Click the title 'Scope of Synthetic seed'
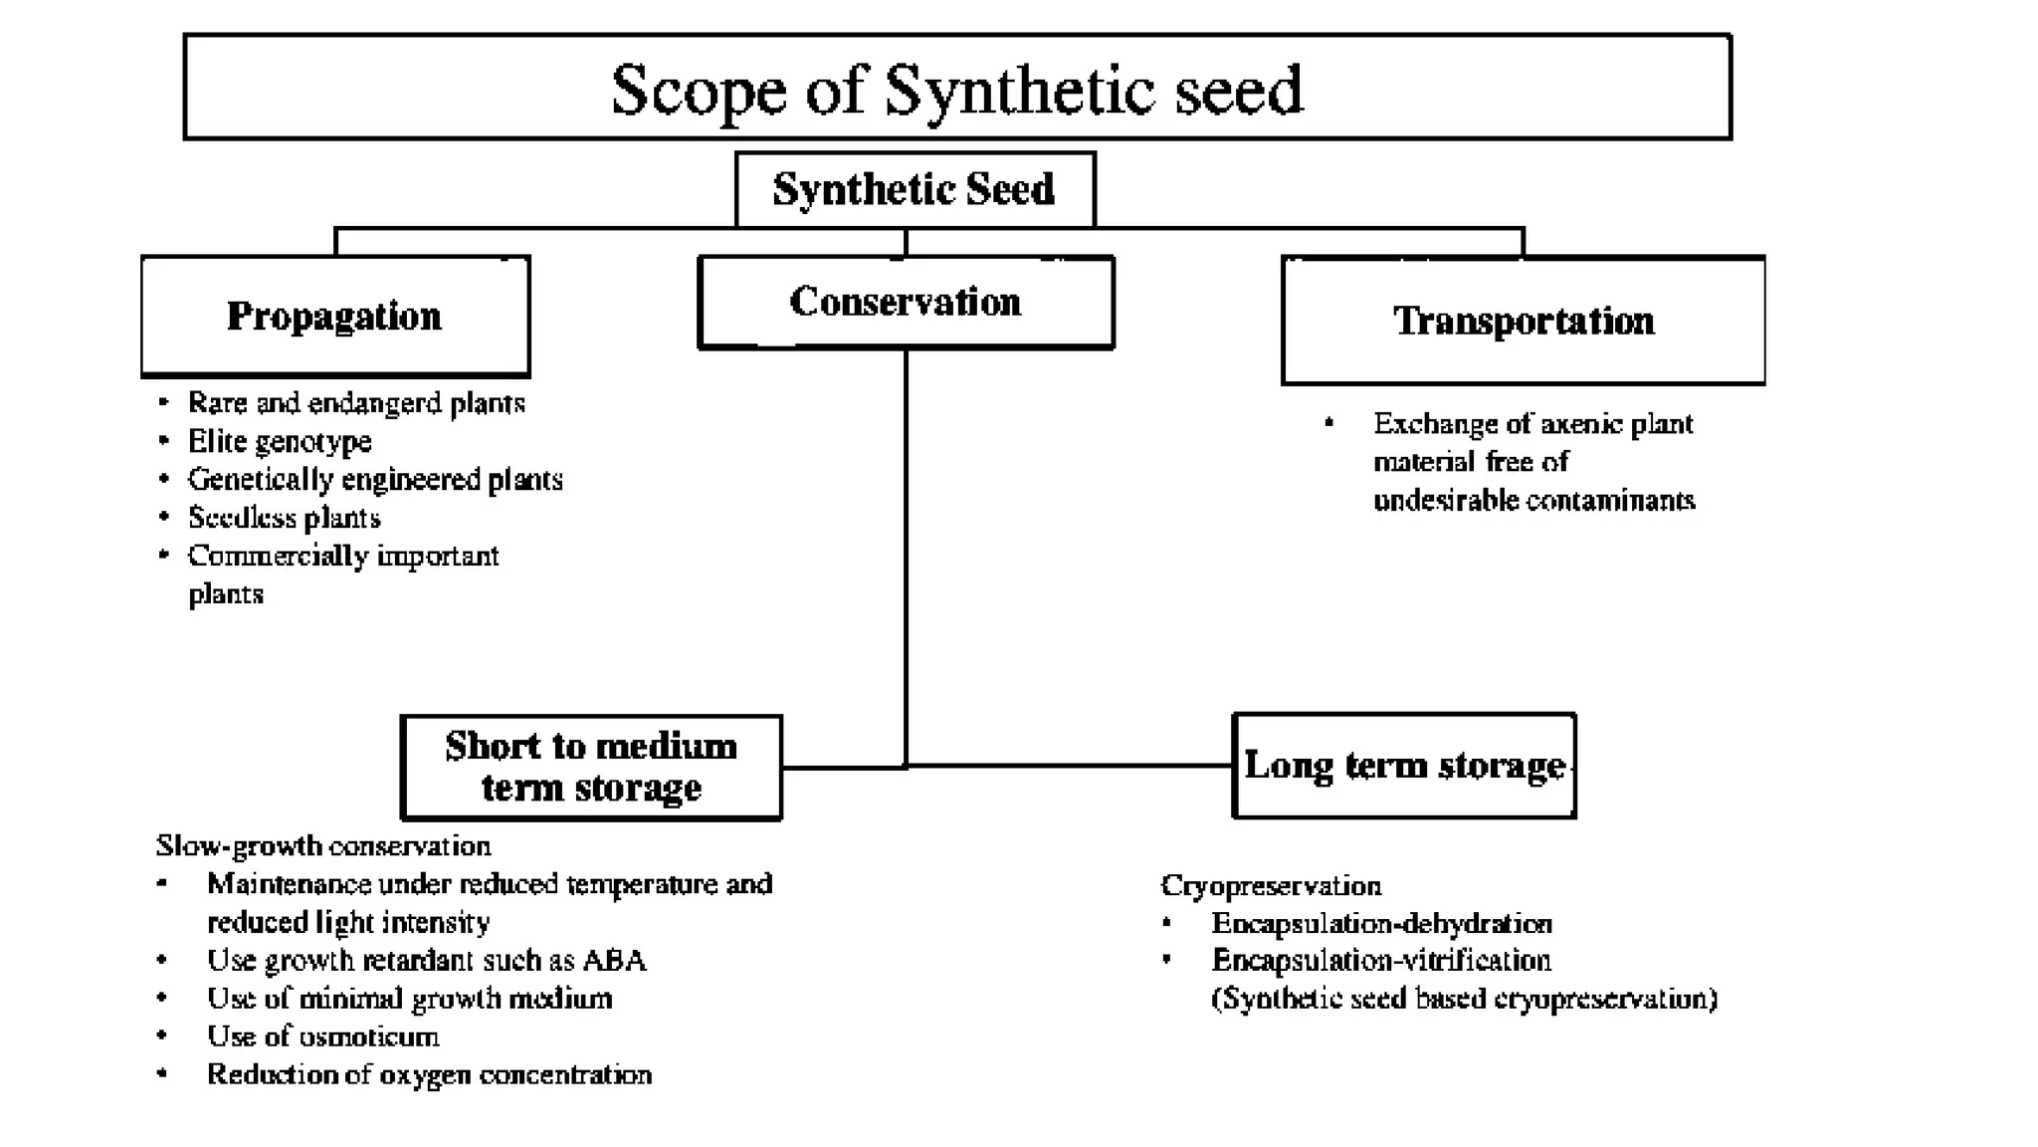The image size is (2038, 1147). coord(956,89)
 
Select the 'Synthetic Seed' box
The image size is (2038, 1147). coord(914,189)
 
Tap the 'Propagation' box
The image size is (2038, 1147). coord(334,317)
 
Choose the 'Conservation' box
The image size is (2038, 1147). coord(906,302)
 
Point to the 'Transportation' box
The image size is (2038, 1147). coord(1523,321)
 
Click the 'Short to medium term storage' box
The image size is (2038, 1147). coord(591,767)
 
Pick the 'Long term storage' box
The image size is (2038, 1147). coord(1403,766)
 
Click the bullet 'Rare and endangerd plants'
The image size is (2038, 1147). coord(356,403)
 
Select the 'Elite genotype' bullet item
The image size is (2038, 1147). coord(280,441)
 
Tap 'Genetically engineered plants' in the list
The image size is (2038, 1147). coord(375,480)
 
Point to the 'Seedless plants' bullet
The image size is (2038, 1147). coord(285,518)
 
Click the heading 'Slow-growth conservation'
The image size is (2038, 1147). coord(323,846)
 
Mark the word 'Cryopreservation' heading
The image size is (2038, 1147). coord(1271,886)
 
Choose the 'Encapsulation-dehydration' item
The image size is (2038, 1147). coord(1381,924)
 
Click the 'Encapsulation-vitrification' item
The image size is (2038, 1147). coord(1381,961)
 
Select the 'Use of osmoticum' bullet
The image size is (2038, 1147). coord(322,1036)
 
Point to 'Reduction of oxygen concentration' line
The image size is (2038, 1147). coord(429,1075)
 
